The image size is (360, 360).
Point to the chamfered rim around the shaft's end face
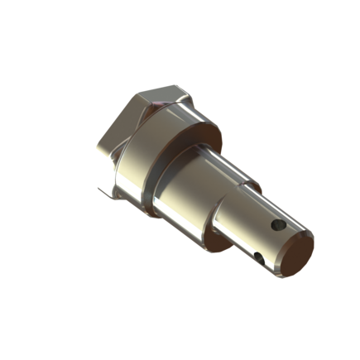coord(311,239)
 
